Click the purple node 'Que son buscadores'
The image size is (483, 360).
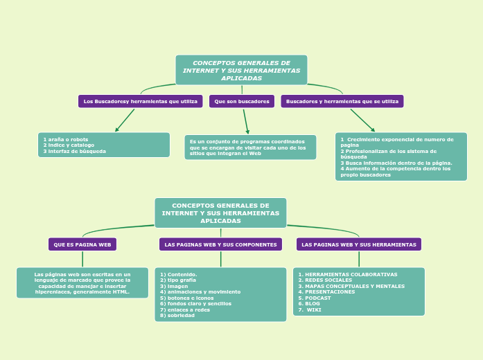[x=242, y=102]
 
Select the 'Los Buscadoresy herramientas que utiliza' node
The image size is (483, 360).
[x=140, y=102]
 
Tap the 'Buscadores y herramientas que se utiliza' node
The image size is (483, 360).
[x=342, y=102]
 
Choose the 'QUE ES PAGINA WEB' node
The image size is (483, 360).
[x=82, y=244]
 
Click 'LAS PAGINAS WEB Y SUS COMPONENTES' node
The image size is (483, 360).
[x=220, y=244]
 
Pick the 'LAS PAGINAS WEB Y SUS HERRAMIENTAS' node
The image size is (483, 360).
[x=359, y=244]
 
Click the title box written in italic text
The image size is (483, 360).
[x=241, y=70]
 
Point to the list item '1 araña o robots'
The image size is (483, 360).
[x=66, y=139]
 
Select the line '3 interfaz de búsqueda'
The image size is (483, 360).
[x=75, y=151]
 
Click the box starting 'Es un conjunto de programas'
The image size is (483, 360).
[x=250, y=147]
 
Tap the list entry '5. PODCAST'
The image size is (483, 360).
[x=315, y=298]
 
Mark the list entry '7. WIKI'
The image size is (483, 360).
[x=310, y=309]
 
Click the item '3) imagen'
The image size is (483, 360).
[x=174, y=286]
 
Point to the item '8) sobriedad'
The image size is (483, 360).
[x=177, y=316]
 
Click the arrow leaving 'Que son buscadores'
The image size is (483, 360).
[x=245, y=121]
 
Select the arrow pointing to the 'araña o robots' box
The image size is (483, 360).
[x=125, y=120]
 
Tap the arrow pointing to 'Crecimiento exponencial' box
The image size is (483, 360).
[x=362, y=120]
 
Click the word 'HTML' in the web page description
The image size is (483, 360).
[x=121, y=292]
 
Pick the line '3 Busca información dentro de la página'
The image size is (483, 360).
[x=396, y=163]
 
